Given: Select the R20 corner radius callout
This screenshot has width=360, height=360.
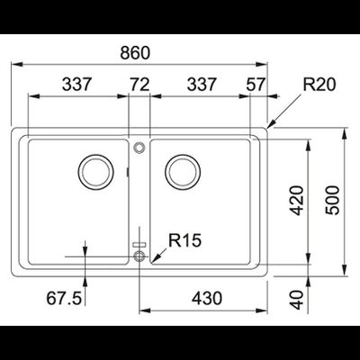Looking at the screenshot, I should pos(319,86).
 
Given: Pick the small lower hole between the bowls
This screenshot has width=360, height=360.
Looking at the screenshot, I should pos(139,256).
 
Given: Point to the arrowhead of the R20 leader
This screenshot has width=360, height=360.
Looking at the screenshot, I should pos(273,125).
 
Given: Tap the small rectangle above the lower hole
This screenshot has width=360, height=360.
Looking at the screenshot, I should pos(139,244).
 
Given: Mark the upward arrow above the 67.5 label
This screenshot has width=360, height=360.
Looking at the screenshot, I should pos(85,247).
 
